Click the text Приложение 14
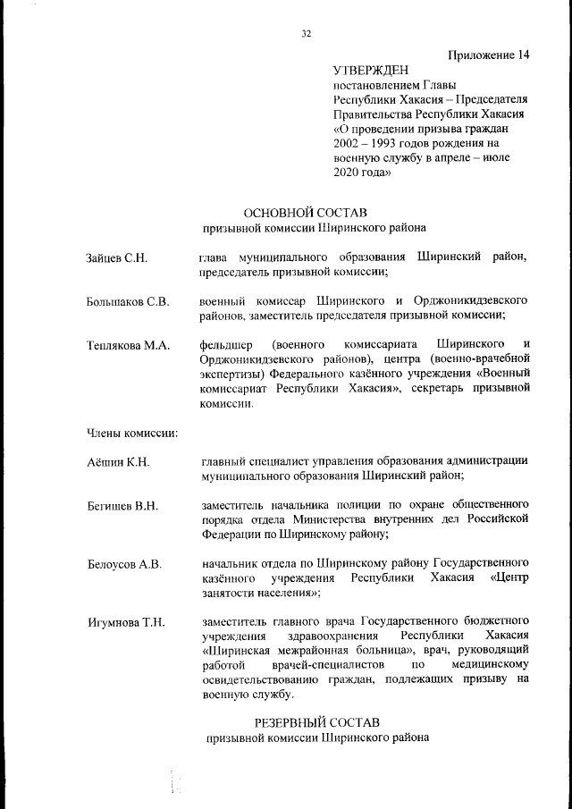click(x=487, y=55)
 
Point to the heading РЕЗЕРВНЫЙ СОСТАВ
click(x=317, y=721)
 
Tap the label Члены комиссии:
click(x=132, y=434)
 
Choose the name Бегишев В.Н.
click(x=122, y=506)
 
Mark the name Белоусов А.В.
click(x=124, y=563)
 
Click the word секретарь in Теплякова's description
click(x=445, y=389)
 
